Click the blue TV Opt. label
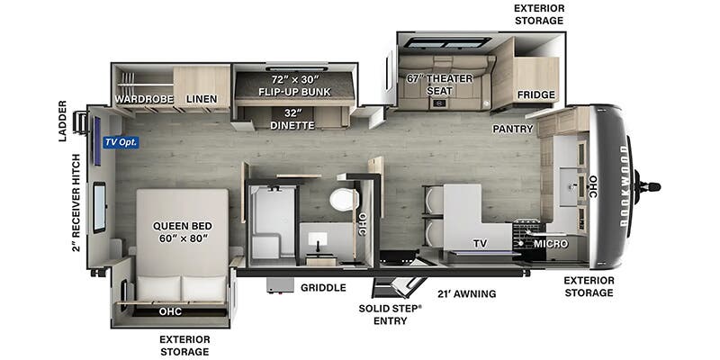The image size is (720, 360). [x=121, y=142]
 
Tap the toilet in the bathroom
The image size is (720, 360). [x=344, y=200]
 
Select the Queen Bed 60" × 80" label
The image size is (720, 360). [x=183, y=232]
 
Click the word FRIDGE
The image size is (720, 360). [x=535, y=94]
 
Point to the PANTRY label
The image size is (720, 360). [x=512, y=129]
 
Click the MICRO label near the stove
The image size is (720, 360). [x=551, y=244]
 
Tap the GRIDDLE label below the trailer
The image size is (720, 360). [x=323, y=288]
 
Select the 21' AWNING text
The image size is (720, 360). [x=466, y=293]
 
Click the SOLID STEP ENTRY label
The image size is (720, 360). [x=390, y=314]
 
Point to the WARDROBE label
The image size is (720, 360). [x=144, y=99]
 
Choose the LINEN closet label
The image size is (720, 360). [x=202, y=99]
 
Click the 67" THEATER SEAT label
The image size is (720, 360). [x=439, y=85]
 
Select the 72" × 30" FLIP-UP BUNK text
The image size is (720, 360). [x=294, y=85]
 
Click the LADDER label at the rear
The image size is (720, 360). [x=63, y=121]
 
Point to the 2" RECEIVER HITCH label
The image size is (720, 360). [x=76, y=203]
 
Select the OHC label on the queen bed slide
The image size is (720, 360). [x=170, y=311]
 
